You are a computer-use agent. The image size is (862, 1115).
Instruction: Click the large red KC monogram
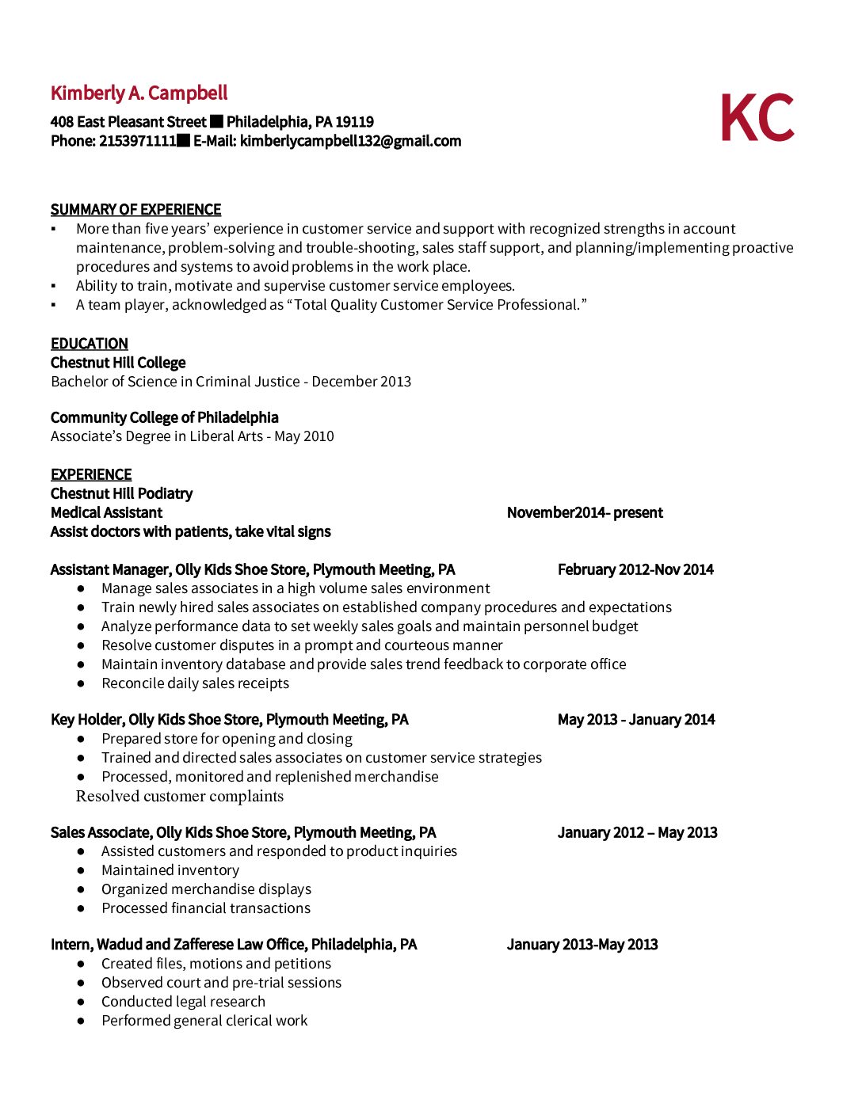point(757,118)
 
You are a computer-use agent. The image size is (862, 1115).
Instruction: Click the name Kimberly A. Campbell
point(139,93)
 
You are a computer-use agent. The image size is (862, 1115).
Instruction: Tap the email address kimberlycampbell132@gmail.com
point(350,141)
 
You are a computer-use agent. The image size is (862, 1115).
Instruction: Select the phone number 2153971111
point(137,141)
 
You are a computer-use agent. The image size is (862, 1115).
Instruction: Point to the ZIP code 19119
point(354,122)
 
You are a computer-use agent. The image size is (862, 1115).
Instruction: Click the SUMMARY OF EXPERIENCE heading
point(135,210)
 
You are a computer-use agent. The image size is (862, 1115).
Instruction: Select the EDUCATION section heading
point(90,344)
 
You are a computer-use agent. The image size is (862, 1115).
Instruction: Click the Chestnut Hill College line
point(118,363)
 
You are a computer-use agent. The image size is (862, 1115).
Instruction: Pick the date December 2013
point(361,382)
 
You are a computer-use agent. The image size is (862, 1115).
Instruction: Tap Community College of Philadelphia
point(165,417)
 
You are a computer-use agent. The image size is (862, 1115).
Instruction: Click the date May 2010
point(304,436)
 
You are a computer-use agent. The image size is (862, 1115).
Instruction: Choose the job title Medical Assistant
point(106,512)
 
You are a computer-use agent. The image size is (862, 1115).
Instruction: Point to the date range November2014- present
point(585,512)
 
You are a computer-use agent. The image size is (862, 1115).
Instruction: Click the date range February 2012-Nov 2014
point(635,569)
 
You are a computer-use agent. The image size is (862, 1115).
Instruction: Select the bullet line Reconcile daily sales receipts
point(195,683)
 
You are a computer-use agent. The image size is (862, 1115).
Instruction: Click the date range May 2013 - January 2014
point(636,720)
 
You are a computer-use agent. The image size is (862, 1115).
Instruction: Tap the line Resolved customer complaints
point(180,796)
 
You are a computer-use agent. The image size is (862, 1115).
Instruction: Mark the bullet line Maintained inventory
point(170,870)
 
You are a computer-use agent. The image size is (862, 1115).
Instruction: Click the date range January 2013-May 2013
point(582,945)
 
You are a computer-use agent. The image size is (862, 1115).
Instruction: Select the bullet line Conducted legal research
point(183,1002)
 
